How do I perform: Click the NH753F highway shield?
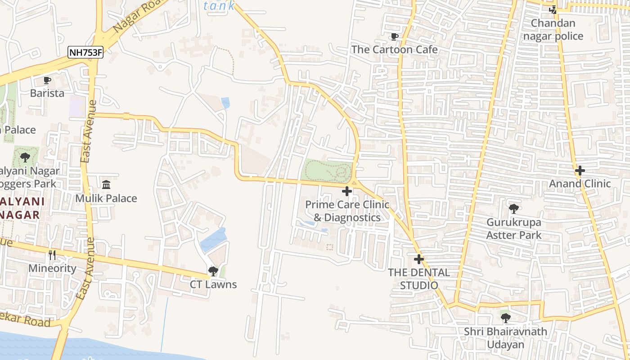tap(85, 53)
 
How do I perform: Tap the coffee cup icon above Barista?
tap(47, 81)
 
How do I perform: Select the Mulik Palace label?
tap(106, 198)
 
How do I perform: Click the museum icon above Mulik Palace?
tap(106, 185)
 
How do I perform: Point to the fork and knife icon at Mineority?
tap(52, 255)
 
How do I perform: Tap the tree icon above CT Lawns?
tap(213, 271)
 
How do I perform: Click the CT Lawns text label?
tap(213, 284)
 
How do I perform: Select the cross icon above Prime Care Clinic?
tap(347, 191)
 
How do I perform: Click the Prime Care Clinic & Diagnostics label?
tap(347, 211)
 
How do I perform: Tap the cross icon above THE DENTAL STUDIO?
tap(419, 259)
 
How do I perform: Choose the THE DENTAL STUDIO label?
tap(419, 279)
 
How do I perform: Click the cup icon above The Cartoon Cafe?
tap(395, 36)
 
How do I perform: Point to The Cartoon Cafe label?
tap(395, 49)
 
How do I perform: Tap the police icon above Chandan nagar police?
tap(553, 10)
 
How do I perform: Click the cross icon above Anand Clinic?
tap(580, 171)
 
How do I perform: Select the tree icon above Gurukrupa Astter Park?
tap(513, 209)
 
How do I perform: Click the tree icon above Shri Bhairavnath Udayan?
tap(506, 318)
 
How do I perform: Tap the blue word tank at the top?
tap(219, 6)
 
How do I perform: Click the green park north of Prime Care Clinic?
tap(328, 171)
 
